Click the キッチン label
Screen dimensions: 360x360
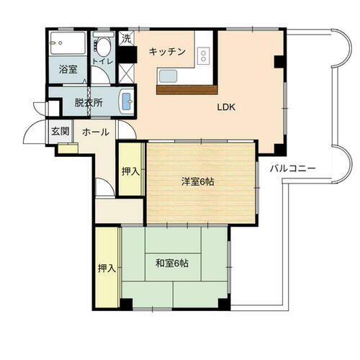pyautogui.click(x=168, y=52)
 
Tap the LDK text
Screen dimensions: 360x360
pyautogui.click(x=228, y=107)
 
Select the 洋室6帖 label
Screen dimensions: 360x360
pyautogui.click(x=197, y=181)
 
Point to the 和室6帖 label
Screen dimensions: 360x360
pyautogui.click(x=172, y=263)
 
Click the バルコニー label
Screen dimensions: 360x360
pyautogui.click(x=294, y=168)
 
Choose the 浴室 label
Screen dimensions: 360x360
pyautogui.click(x=68, y=71)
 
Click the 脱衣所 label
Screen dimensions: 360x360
pyautogui.click(x=89, y=102)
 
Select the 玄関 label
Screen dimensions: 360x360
pyautogui.click(x=60, y=132)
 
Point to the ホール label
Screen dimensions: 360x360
pyautogui.click(x=95, y=132)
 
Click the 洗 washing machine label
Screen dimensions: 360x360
pyautogui.click(x=126, y=38)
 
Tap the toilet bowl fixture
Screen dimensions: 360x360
pyautogui.click(x=105, y=48)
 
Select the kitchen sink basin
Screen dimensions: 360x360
pyautogui.click(x=169, y=76)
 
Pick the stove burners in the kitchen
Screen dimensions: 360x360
pyautogui.click(x=204, y=54)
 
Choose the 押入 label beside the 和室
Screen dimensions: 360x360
pyautogui.click(x=107, y=268)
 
